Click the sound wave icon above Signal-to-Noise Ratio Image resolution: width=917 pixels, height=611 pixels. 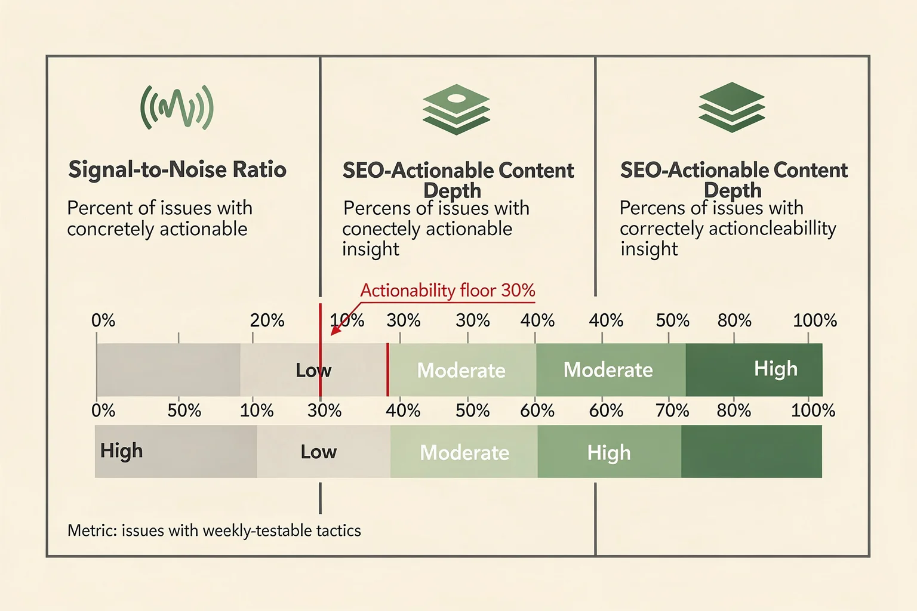(177, 107)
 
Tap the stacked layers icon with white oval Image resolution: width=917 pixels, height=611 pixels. (456, 109)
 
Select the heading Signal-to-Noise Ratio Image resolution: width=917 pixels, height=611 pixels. (177, 169)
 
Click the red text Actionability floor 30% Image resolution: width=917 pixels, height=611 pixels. (447, 290)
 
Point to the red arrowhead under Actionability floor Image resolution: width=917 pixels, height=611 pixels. (336, 330)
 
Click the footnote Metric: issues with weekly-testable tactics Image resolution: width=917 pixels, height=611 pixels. (214, 530)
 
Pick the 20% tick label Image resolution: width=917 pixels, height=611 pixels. (267, 320)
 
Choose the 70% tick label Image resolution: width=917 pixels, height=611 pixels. (672, 410)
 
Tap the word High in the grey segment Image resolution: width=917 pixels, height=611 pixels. (121, 451)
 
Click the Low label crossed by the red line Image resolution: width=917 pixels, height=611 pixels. (313, 370)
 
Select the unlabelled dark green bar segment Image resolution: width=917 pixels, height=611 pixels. (752, 452)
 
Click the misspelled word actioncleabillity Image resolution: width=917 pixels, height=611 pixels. (772, 229)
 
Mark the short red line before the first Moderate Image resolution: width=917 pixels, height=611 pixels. (387, 370)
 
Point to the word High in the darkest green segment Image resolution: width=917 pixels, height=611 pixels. (776, 369)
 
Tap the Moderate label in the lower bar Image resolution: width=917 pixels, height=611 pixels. (464, 453)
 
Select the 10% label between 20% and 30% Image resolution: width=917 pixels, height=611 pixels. (347, 320)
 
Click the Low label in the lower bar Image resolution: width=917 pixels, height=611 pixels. (318, 452)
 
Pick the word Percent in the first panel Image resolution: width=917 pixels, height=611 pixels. (100, 208)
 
